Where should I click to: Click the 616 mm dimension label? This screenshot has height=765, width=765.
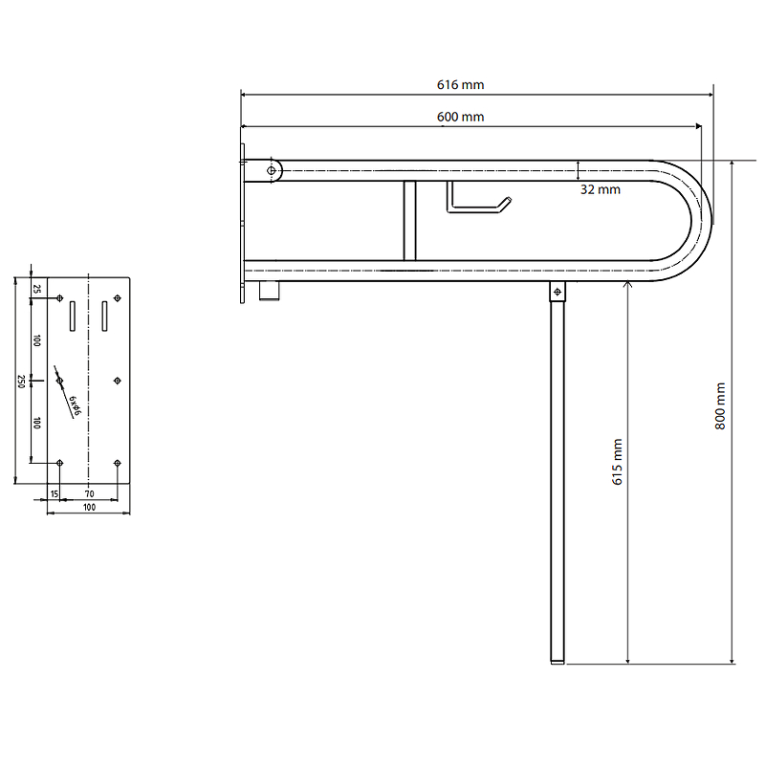click(x=460, y=85)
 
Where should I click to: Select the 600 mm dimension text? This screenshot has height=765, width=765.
click(x=460, y=117)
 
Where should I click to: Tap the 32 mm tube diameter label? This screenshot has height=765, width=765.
click(x=601, y=189)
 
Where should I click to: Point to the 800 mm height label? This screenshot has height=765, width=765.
click(x=720, y=405)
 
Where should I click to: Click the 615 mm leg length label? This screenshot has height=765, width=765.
click(x=617, y=462)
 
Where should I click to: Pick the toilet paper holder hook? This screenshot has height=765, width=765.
click(x=478, y=198)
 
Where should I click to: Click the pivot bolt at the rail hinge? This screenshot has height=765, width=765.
click(x=272, y=170)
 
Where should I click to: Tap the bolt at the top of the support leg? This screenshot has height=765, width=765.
click(x=557, y=292)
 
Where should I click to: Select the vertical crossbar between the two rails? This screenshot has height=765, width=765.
click(x=410, y=221)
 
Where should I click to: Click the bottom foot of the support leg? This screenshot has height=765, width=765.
click(x=557, y=662)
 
